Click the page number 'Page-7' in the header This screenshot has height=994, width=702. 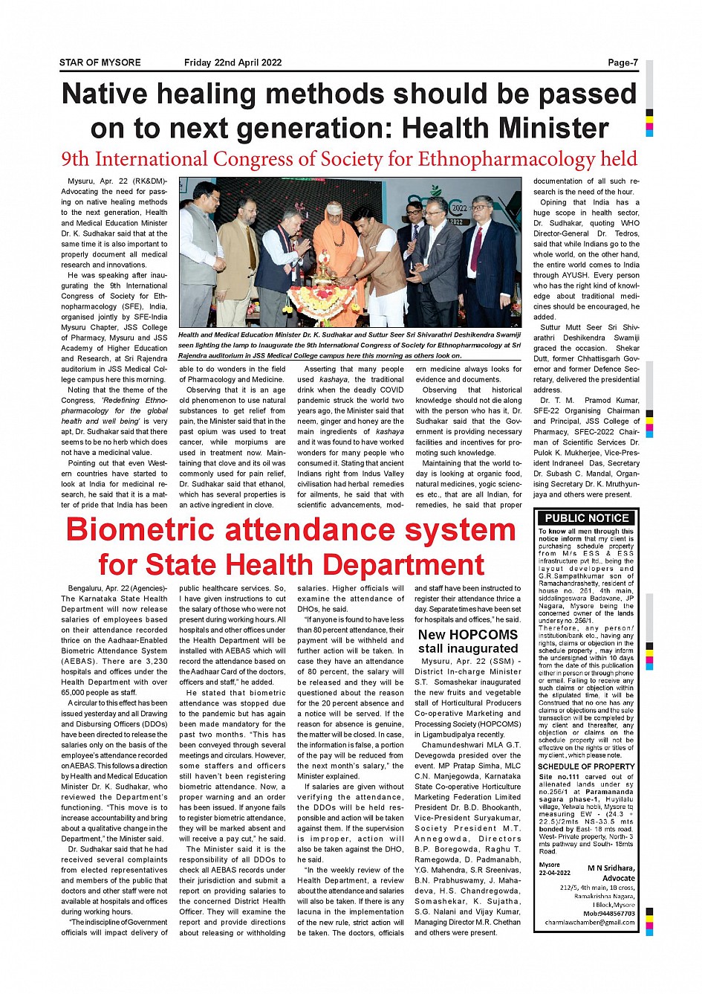click(x=623, y=62)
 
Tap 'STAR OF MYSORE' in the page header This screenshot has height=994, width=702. click(x=100, y=62)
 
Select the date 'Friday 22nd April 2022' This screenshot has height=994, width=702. click(x=233, y=62)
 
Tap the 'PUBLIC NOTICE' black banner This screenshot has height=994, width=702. click(x=586, y=518)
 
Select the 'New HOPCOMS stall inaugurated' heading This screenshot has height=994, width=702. click(x=468, y=642)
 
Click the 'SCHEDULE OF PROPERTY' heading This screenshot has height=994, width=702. click(x=586, y=767)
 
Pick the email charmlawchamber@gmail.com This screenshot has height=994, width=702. click(x=590, y=923)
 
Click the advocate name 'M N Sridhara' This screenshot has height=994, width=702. click(x=611, y=868)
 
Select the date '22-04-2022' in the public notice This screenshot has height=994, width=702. click(x=554, y=873)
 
